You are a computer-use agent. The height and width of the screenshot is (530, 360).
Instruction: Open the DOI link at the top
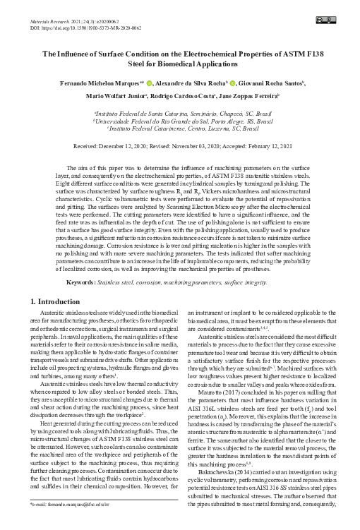coord(92,20)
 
